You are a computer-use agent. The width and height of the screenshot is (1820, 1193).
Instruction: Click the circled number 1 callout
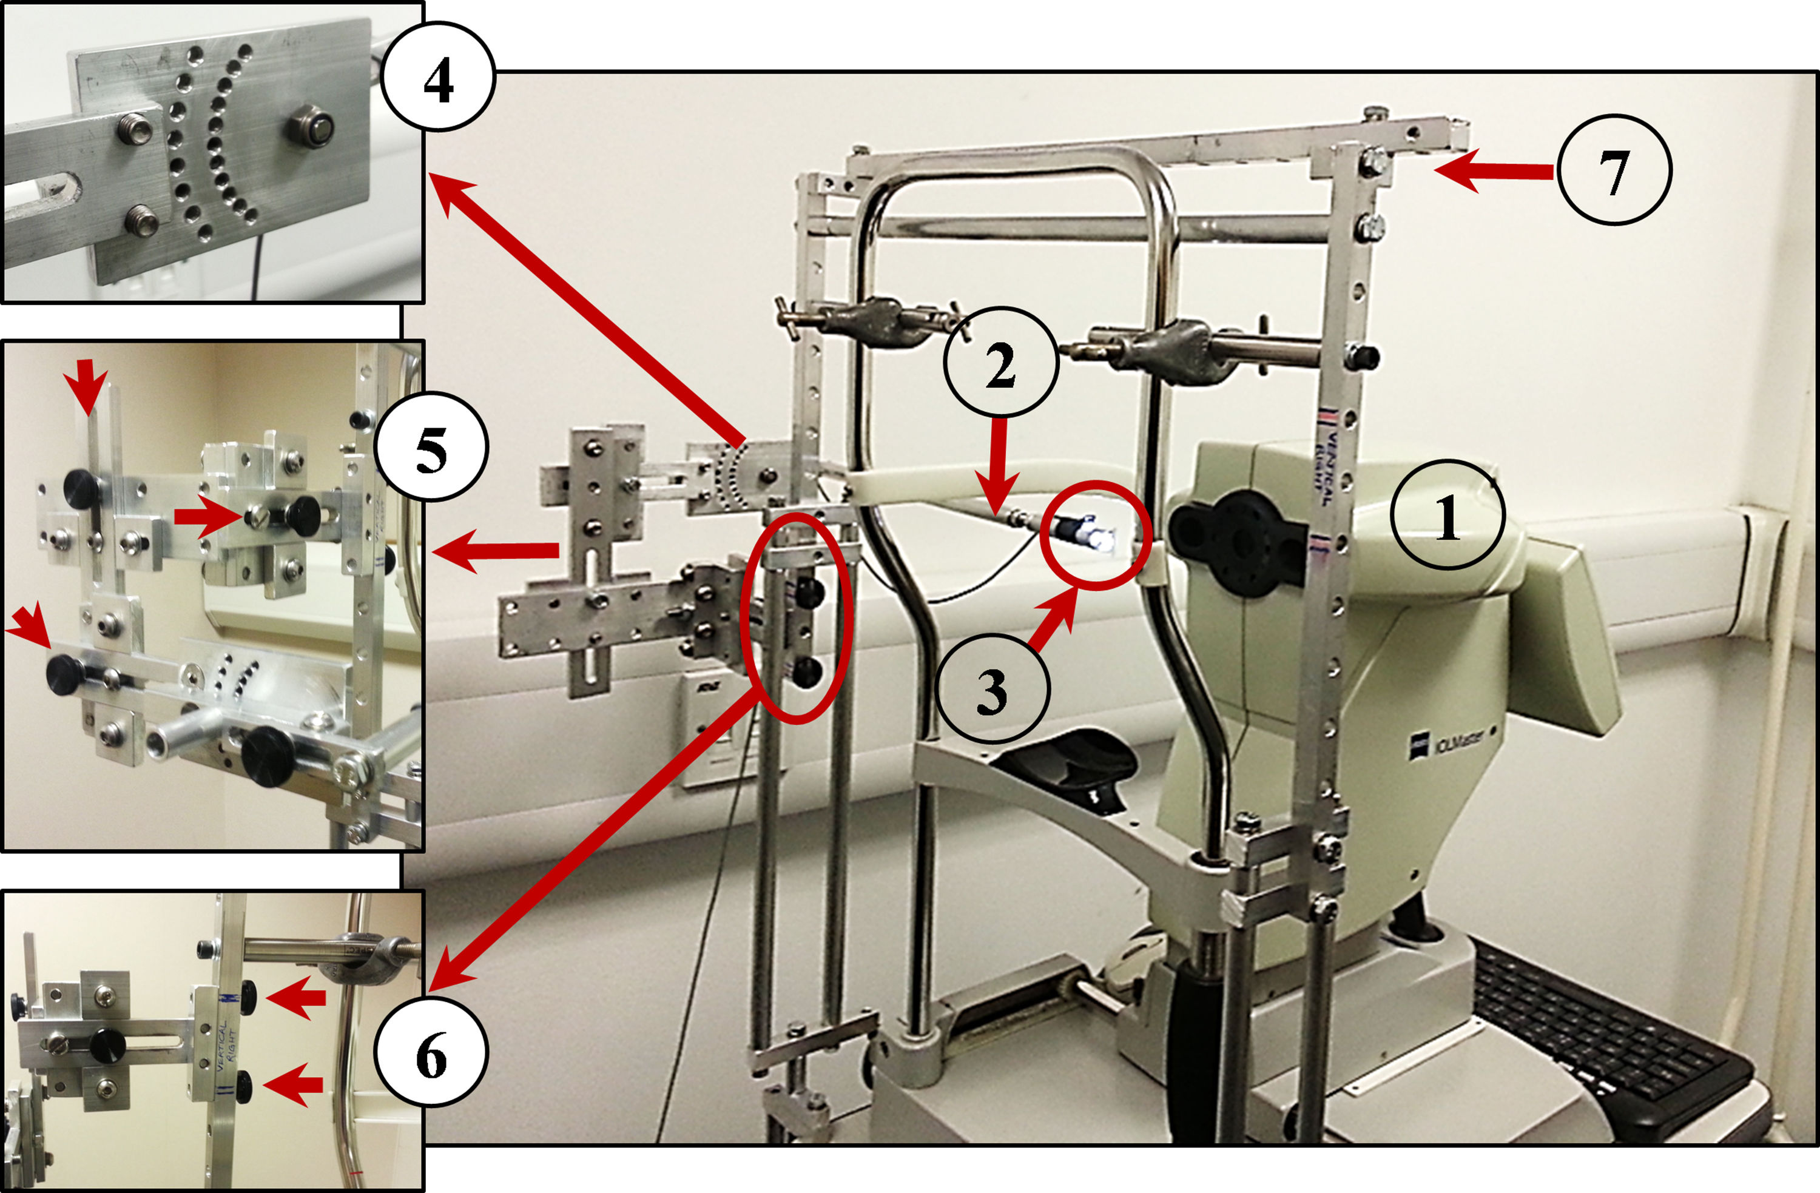1448,515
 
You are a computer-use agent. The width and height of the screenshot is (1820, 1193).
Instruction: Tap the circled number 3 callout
993,689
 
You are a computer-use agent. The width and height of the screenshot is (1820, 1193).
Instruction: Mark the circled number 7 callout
1614,170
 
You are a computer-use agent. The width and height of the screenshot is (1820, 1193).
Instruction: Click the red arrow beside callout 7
1491,171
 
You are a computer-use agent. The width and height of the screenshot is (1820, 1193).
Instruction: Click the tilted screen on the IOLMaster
1568,635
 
